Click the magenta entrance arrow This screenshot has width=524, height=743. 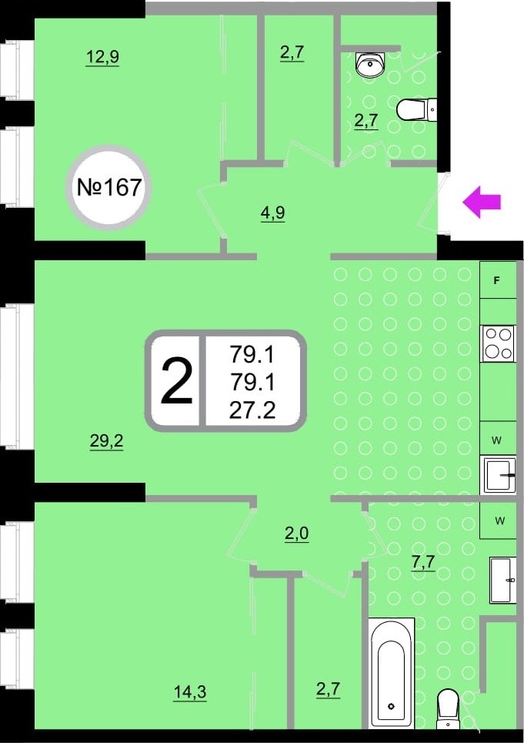pos(482,202)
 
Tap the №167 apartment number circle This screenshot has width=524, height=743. pos(109,187)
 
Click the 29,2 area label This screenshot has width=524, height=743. pos(107,441)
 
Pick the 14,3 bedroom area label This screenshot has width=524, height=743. pos(189,692)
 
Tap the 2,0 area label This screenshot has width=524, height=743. pos(296,533)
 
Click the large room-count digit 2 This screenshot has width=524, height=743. pos(176,382)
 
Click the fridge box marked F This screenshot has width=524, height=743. pos(497,280)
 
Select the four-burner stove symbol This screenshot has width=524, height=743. pos(497,343)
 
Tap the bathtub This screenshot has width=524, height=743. pos(392,673)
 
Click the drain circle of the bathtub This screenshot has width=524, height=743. pos(392,705)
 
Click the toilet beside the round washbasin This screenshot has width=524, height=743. pos(418,110)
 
